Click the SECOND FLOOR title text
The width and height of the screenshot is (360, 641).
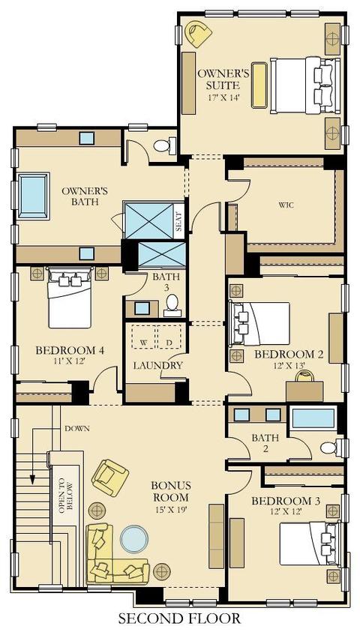pos(179,618)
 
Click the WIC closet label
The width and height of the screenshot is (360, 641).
pos(286,205)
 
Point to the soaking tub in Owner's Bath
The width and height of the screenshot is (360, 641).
pos(33,196)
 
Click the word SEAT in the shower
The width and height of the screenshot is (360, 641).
pos(178,221)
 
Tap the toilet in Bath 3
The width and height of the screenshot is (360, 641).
pos(172,305)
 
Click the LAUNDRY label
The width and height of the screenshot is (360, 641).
pos(158,365)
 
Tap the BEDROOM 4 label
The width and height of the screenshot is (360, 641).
pos(70,350)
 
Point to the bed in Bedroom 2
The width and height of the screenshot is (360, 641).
pos(259,323)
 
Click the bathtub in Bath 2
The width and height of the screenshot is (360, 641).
pos(313,418)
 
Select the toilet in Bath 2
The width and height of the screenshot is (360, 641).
pos(334,448)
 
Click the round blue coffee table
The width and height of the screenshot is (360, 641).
pos(133,540)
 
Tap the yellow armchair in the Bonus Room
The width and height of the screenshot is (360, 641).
pos(110,478)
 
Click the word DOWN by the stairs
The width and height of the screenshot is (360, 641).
pos(77,428)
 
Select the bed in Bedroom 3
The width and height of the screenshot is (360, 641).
pos(310,544)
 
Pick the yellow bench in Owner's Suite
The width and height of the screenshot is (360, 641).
pos(259,85)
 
